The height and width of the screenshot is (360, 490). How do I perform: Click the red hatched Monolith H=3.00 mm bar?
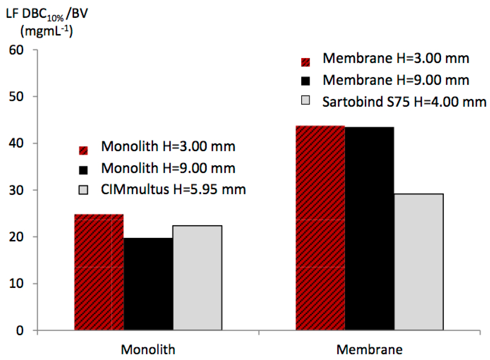point(99,272)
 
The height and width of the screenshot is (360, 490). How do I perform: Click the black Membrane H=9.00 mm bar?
point(369,228)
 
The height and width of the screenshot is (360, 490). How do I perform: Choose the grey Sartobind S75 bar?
point(418,262)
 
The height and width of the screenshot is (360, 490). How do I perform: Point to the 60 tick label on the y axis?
point(16,50)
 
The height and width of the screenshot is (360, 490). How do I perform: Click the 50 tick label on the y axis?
point(16,97)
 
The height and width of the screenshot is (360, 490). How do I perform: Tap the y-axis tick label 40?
point(16,143)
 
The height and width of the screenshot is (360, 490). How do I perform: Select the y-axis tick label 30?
point(16,190)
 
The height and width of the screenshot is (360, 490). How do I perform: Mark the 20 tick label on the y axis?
point(16,237)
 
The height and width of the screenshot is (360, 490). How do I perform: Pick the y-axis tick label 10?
point(16,284)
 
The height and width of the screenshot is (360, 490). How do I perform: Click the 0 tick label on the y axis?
point(20,331)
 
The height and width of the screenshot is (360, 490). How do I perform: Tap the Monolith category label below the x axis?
point(148,350)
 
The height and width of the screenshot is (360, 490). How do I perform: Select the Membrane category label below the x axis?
point(369,350)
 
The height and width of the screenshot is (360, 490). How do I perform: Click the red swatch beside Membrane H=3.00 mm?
point(305,62)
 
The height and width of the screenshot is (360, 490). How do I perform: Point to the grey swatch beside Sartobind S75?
point(305,100)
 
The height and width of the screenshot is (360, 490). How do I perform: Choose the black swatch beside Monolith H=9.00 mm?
point(83,170)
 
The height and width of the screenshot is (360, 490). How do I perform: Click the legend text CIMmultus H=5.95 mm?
point(173,190)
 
